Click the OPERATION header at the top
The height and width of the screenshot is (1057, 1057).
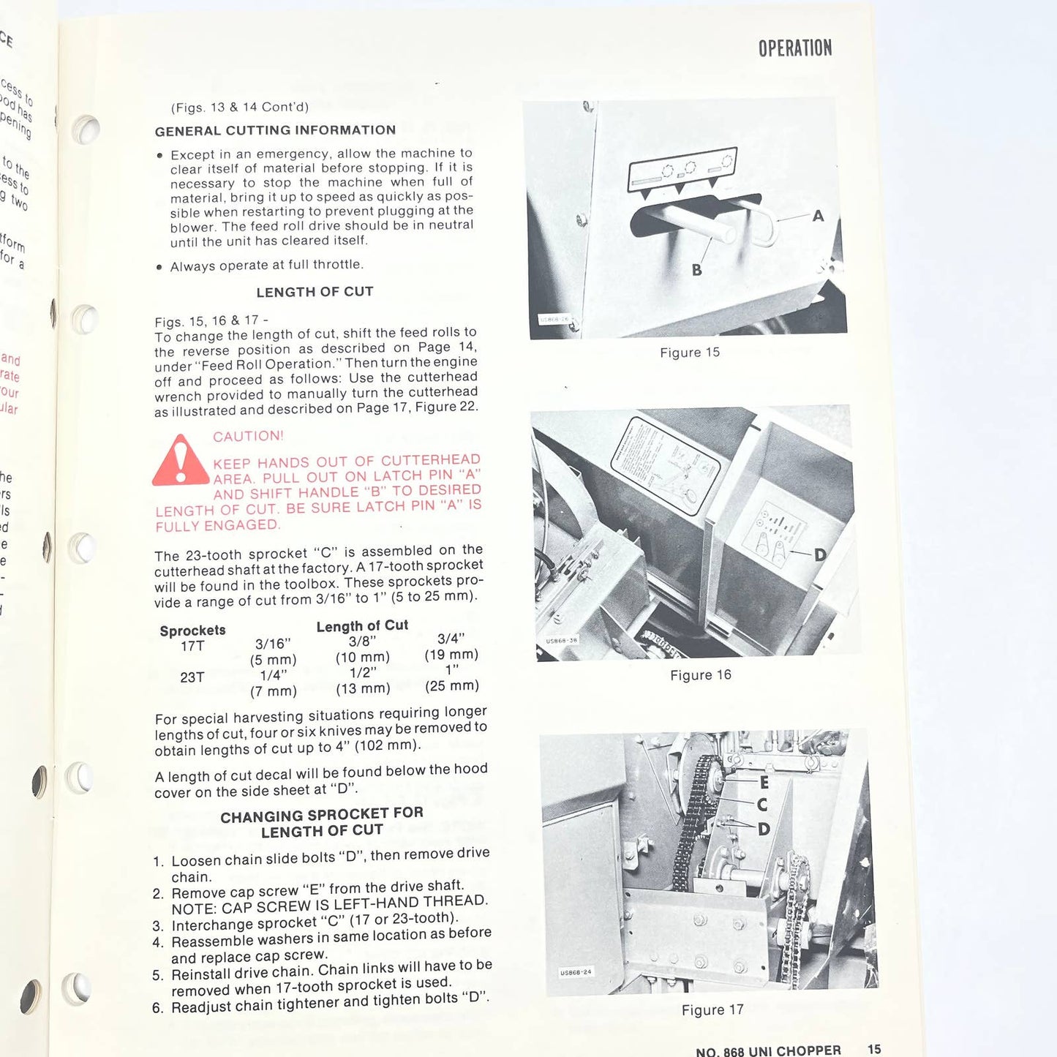click(794, 48)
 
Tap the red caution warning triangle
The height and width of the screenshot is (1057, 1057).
click(180, 462)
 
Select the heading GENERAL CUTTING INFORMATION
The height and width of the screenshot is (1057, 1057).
click(275, 130)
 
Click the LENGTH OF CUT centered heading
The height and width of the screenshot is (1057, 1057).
click(315, 292)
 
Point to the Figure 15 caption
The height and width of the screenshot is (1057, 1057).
click(690, 353)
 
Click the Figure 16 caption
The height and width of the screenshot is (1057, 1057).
click(700, 675)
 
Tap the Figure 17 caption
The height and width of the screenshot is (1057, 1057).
click(712, 1010)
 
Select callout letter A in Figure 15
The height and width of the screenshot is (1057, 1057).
click(818, 216)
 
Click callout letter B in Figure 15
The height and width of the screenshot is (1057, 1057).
click(696, 270)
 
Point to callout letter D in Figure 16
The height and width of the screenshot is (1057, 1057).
click(820, 555)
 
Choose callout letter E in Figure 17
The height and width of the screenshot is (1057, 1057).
click(764, 783)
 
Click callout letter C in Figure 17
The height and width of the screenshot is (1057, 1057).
click(762, 805)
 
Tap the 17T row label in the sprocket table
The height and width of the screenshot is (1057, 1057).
click(192, 646)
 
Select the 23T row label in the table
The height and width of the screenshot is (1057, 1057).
click(192, 677)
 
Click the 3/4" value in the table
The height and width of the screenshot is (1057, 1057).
click(451, 639)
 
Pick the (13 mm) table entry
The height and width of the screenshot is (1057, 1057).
click(363, 689)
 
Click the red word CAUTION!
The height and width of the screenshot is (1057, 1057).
click(248, 436)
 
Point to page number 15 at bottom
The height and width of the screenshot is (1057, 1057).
click(873, 1049)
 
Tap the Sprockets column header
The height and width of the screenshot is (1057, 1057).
click(192, 631)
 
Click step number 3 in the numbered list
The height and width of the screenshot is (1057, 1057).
click(158, 926)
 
